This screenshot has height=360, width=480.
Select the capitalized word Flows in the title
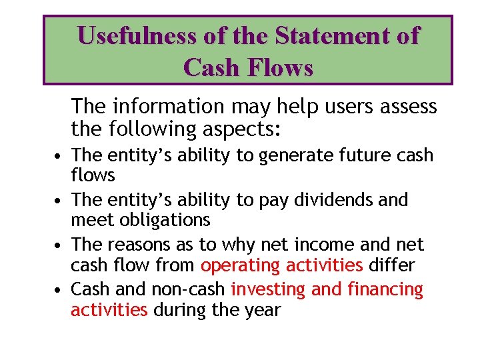[280, 67]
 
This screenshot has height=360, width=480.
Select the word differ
[391, 265]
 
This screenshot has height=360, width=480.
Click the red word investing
[267, 290]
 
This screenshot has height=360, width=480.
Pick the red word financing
[389, 290]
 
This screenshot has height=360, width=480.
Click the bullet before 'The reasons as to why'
[59, 245]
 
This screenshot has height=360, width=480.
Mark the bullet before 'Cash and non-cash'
[59, 290]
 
